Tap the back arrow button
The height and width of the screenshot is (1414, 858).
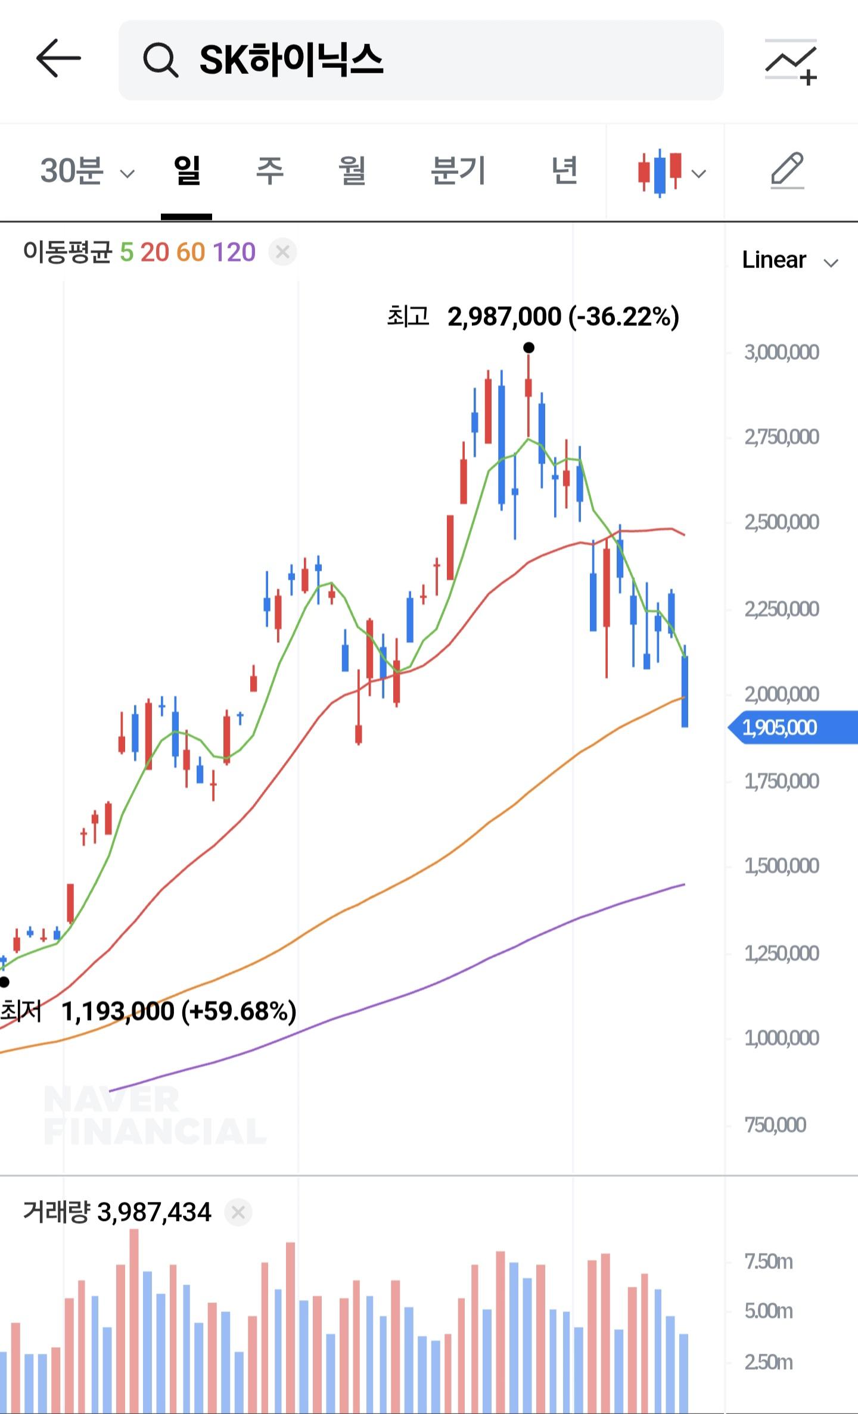coord(58,58)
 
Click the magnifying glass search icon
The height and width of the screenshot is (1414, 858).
coord(160,60)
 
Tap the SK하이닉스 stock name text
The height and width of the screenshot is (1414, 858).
coord(291,60)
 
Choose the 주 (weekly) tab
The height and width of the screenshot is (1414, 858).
coord(269,170)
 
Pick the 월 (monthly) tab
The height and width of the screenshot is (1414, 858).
coord(352,170)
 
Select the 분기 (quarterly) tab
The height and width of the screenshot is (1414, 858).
coord(458,170)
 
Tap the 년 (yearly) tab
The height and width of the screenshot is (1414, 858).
coord(564,170)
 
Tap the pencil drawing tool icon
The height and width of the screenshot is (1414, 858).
coord(788,172)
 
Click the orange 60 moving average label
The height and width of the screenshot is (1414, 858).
coord(191,253)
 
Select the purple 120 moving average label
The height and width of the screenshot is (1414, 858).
coord(234,253)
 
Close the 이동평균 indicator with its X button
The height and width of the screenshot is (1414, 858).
coord(282,253)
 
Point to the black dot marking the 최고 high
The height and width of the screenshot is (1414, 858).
coord(529,347)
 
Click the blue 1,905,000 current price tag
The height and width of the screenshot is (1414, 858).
coord(793,727)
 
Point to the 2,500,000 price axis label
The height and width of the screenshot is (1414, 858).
coord(781,522)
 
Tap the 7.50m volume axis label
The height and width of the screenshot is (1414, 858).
coord(769,1262)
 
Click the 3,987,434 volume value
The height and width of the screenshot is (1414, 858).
coord(154,1212)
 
